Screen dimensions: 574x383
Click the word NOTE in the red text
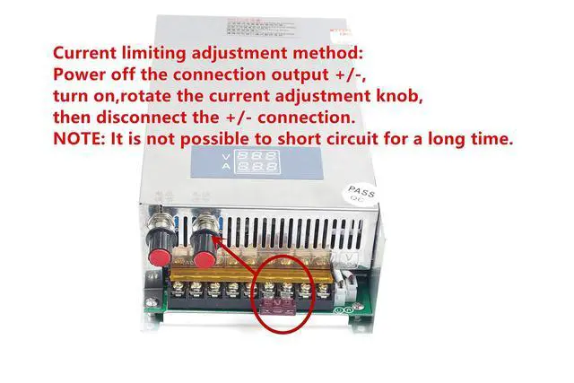point(79,138)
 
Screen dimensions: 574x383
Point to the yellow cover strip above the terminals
point(242,268)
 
